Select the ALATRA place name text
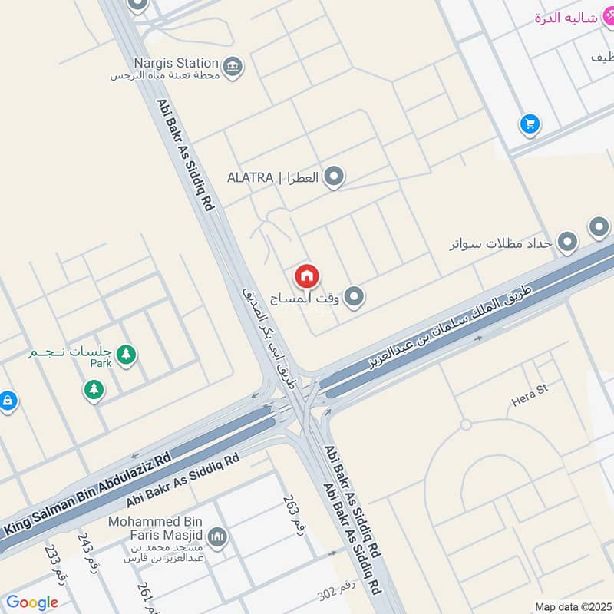(250, 177)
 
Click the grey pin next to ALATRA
(333, 177)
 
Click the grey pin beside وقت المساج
(353, 296)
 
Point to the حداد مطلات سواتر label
(501, 243)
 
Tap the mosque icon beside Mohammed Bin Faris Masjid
(217, 536)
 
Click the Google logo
(31, 602)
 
